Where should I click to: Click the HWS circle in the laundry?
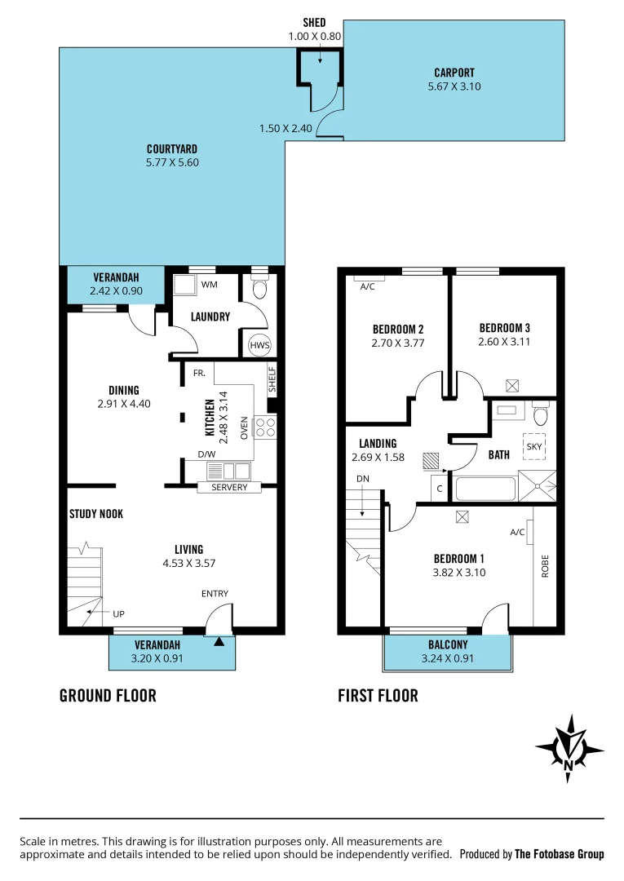point(259,345)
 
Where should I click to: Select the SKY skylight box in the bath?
point(534,447)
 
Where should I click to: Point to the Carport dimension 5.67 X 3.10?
point(454,86)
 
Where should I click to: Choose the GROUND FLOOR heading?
point(108,696)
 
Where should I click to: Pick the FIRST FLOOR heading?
point(378,696)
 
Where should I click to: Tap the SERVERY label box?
point(229,487)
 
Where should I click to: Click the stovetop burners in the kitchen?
point(266,428)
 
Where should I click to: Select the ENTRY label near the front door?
point(215,594)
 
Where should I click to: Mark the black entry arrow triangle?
point(219,643)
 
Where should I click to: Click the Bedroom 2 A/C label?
point(368,286)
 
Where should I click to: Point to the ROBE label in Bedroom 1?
point(545,566)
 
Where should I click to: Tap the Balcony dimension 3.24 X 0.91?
point(447,658)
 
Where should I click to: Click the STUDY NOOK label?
point(95,514)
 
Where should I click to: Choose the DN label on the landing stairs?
point(362,479)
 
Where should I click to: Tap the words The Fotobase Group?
point(560,854)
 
